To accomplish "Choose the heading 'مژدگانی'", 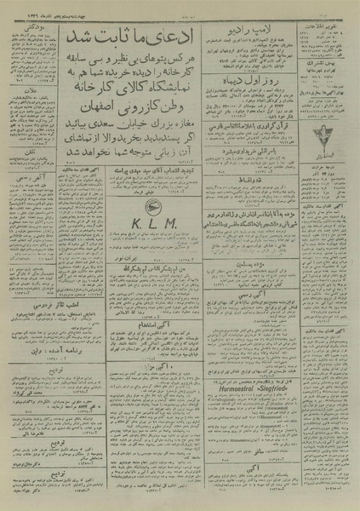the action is coord(32,26).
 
